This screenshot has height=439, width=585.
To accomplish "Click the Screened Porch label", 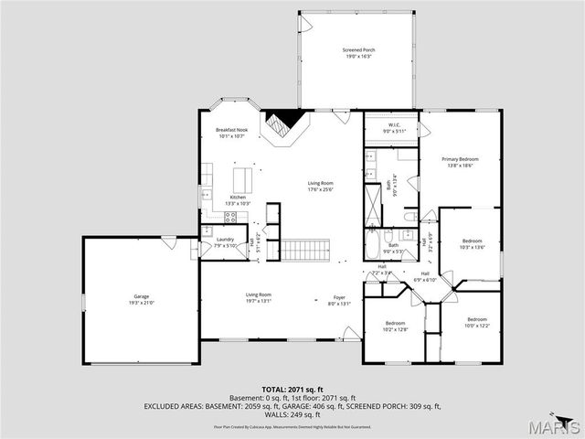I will pos(358,49).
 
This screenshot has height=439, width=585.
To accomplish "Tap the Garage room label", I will pos(142,296).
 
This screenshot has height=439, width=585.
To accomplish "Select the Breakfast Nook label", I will pos(231,131).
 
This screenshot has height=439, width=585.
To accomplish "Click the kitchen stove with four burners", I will pos(230,217).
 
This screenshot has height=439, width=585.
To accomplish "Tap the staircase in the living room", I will pos(303,248).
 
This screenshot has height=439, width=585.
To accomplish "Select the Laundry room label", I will pos(225,240).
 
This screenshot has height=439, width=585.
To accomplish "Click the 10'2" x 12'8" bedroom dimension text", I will pos(395,329).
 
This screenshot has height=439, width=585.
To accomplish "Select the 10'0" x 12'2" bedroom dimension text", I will pos(476,326).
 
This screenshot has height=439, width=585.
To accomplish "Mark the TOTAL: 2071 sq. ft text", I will pos(292,390).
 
